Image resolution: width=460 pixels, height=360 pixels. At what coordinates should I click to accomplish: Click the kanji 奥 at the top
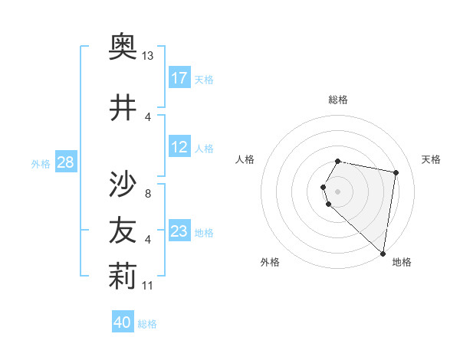(x=123, y=48)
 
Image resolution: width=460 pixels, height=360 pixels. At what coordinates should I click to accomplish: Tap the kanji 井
(x=123, y=107)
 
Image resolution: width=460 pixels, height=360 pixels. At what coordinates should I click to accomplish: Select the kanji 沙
(x=123, y=183)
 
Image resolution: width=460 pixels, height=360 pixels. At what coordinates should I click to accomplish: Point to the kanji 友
(x=123, y=231)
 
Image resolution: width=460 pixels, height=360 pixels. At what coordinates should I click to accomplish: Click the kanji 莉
(x=123, y=277)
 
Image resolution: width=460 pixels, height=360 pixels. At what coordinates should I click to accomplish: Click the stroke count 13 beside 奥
(x=148, y=56)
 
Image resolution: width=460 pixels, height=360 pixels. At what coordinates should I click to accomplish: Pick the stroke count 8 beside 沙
(x=148, y=193)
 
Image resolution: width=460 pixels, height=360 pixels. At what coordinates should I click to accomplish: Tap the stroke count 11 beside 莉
(x=148, y=286)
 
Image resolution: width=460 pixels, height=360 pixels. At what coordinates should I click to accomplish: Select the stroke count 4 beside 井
(x=148, y=116)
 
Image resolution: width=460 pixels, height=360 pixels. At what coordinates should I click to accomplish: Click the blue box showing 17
(x=179, y=78)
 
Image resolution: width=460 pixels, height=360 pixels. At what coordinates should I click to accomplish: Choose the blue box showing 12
(x=179, y=148)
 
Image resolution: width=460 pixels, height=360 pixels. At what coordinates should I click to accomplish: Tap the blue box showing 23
(x=179, y=231)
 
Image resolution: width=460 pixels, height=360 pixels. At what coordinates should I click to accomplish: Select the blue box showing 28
(x=65, y=162)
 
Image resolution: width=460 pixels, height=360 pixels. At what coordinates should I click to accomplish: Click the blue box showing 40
(x=122, y=323)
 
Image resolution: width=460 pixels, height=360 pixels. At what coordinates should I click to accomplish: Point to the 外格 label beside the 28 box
(x=41, y=163)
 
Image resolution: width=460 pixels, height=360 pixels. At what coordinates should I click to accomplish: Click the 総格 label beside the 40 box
(x=147, y=324)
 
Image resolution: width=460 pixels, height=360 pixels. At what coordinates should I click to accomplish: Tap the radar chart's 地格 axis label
(x=402, y=262)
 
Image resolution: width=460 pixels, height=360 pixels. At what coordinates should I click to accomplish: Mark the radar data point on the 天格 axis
(x=396, y=173)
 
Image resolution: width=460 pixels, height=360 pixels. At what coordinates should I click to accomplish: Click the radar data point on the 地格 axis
(x=383, y=253)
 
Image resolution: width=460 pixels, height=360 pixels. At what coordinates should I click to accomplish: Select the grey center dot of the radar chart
(x=337, y=191)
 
